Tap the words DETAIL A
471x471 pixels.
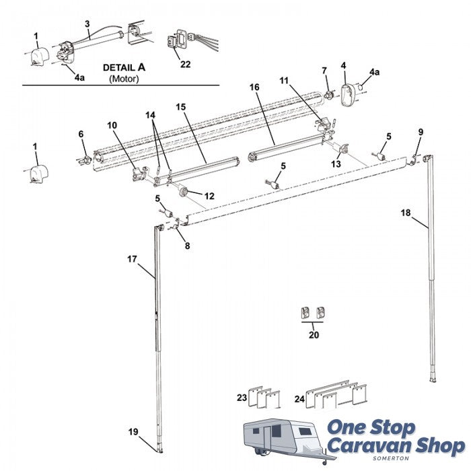point(124,68)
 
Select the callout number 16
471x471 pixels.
point(254,87)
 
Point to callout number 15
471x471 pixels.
point(180,106)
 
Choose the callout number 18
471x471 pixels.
point(406,213)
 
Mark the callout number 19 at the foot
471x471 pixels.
point(133,431)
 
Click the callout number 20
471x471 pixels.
point(314,334)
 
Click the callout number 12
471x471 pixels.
point(209,196)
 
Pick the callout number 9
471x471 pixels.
point(421,131)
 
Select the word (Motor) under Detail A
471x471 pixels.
point(123,79)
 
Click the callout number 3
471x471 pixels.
point(87,24)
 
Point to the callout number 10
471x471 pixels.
point(112,124)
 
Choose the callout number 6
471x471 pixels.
point(81,134)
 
